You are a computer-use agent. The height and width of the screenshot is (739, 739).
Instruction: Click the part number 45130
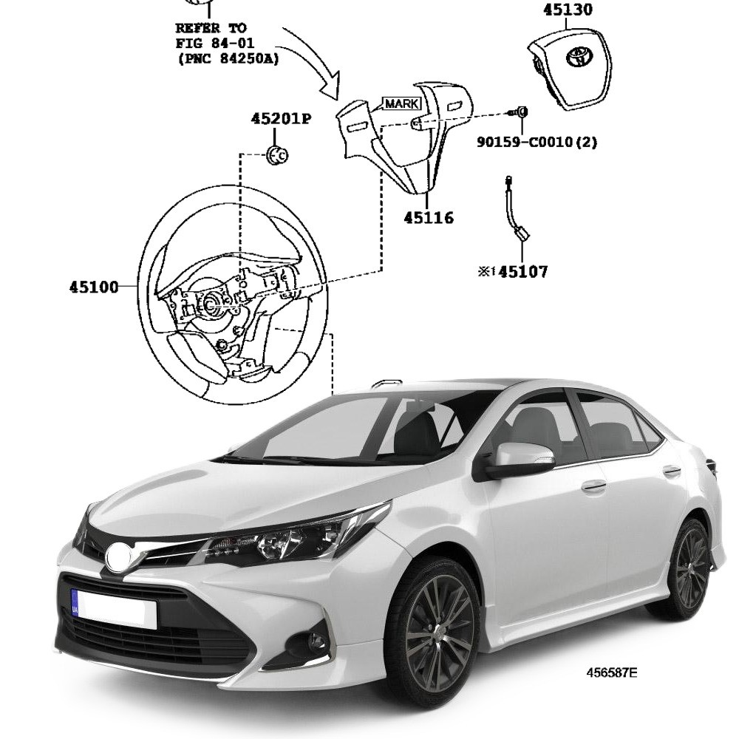(x=568, y=10)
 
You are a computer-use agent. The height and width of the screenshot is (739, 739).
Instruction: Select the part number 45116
(x=429, y=218)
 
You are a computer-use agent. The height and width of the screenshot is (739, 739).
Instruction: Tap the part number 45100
(x=94, y=287)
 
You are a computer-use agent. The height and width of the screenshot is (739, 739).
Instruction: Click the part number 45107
(x=523, y=272)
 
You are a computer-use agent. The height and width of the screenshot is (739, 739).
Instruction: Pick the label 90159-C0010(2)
(x=537, y=140)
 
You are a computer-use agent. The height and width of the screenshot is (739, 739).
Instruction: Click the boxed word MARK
(x=401, y=103)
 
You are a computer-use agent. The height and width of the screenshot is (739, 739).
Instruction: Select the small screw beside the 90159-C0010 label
(x=520, y=112)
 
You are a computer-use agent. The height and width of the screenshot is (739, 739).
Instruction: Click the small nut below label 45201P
(x=277, y=155)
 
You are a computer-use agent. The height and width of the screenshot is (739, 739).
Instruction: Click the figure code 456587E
(x=611, y=672)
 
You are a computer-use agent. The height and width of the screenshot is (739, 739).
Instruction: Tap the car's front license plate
(x=115, y=608)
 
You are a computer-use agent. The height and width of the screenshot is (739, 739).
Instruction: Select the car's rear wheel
(x=690, y=568)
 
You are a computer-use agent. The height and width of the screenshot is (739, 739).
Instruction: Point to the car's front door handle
(x=593, y=486)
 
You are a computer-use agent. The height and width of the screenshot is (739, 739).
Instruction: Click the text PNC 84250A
(x=228, y=59)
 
